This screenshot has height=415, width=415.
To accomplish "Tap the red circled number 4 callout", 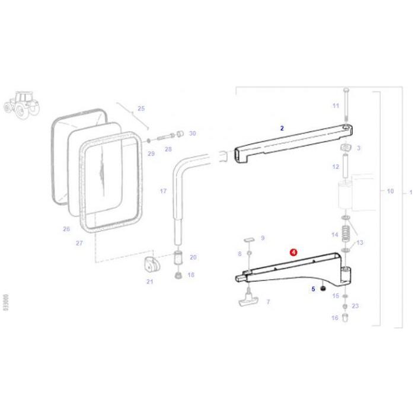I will pos(293,251).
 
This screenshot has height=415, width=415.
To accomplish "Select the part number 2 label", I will pos(282,128).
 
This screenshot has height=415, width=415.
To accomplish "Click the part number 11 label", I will pos(336,106).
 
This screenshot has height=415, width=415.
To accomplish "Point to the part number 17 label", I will pos(163,191).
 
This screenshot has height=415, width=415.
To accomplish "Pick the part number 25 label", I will pos(141,108).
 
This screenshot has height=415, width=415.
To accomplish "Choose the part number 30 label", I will pos(192,134).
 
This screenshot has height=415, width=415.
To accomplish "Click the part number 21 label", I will pos(149,282).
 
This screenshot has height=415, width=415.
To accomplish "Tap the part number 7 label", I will pos(267,302).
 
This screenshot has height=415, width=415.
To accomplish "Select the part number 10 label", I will pos(390,191).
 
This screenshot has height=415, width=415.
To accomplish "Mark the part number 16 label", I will pos(335,318).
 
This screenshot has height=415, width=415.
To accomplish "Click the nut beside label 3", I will pos(345,147).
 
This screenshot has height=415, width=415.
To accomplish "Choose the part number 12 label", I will pos(336,167).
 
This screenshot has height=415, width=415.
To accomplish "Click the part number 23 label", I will pos(355,306).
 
